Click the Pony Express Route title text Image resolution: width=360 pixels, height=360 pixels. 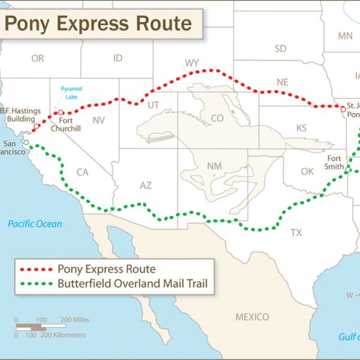(x=98, y=23)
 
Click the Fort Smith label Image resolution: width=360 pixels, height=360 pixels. (x=335, y=162)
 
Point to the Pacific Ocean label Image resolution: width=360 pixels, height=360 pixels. (x=35, y=224)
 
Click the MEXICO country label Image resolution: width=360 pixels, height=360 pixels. (x=252, y=316)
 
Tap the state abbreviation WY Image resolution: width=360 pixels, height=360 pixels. (x=192, y=63)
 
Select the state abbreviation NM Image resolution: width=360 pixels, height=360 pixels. (x=214, y=166)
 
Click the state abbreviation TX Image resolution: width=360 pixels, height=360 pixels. (x=296, y=232)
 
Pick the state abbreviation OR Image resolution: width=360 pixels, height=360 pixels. (x=38, y=58)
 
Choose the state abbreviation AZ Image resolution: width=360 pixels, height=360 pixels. (x=146, y=185)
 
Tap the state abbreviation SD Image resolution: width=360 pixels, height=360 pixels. (x=280, y=49)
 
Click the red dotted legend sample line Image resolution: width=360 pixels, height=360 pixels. (x=37, y=269)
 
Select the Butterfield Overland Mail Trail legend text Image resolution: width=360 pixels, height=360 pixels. (x=133, y=284)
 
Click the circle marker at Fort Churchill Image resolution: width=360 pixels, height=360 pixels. (x=61, y=112)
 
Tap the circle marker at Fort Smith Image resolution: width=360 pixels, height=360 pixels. (x=347, y=170)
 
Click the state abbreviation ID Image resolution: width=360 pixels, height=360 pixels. (x=118, y=58)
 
